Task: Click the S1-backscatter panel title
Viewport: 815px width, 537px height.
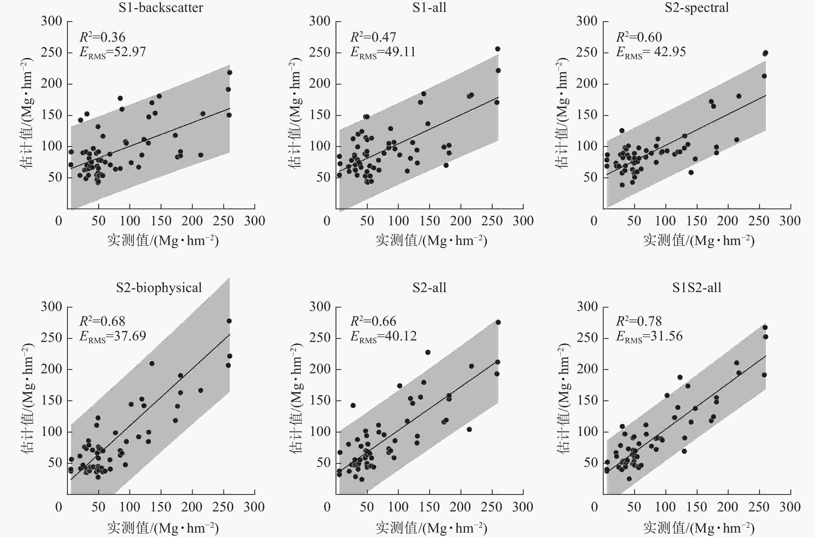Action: [x=161, y=8]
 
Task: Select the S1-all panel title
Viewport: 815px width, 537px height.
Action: [x=429, y=8]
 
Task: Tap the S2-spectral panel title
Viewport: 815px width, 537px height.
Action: [x=697, y=8]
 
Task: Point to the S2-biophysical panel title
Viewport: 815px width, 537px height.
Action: [x=159, y=288]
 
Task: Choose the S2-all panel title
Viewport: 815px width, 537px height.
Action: [x=429, y=288]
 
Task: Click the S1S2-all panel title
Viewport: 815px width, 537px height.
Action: [x=697, y=288]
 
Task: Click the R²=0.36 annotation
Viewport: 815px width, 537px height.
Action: [x=102, y=37]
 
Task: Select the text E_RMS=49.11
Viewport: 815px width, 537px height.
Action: [x=383, y=52]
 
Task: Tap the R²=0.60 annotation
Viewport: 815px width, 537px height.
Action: [x=639, y=37]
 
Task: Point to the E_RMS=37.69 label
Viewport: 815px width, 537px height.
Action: [x=113, y=336]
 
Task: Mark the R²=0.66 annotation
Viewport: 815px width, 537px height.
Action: [x=373, y=321]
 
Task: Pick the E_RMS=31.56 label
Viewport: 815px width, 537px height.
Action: [x=649, y=336]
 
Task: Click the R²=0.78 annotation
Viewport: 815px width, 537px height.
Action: [x=639, y=321]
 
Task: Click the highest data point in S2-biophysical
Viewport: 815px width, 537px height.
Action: [x=229, y=321]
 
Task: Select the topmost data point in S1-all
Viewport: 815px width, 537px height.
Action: [x=498, y=49]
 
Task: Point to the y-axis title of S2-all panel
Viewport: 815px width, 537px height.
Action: [x=295, y=399]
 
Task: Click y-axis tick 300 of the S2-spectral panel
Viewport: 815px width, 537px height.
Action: [x=587, y=21]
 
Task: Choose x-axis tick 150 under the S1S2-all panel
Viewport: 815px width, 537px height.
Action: [x=697, y=507]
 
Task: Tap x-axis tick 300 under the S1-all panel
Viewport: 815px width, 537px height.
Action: [x=523, y=221]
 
